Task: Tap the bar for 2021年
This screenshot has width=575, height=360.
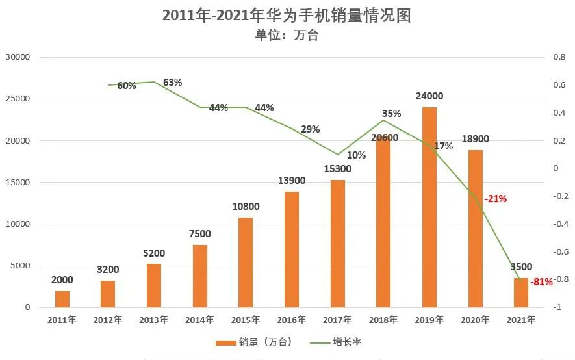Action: tap(521, 292)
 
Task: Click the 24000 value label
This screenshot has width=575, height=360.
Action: tap(429, 96)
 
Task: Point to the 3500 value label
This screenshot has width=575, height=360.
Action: tap(521, 266)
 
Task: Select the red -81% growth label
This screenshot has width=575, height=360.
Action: tap(541, 282)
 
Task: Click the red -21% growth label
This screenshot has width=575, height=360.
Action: tap(495, 199)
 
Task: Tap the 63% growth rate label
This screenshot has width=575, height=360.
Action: tap(173, 83)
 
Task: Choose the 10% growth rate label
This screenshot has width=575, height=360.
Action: tap(357, 155)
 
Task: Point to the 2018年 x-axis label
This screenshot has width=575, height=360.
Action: tap(383, 320)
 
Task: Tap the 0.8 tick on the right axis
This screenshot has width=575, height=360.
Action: tap(559, 57)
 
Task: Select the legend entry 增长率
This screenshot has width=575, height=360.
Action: tap(346, 342)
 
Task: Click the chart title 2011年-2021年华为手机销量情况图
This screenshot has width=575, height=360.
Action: tap(287, 16)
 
